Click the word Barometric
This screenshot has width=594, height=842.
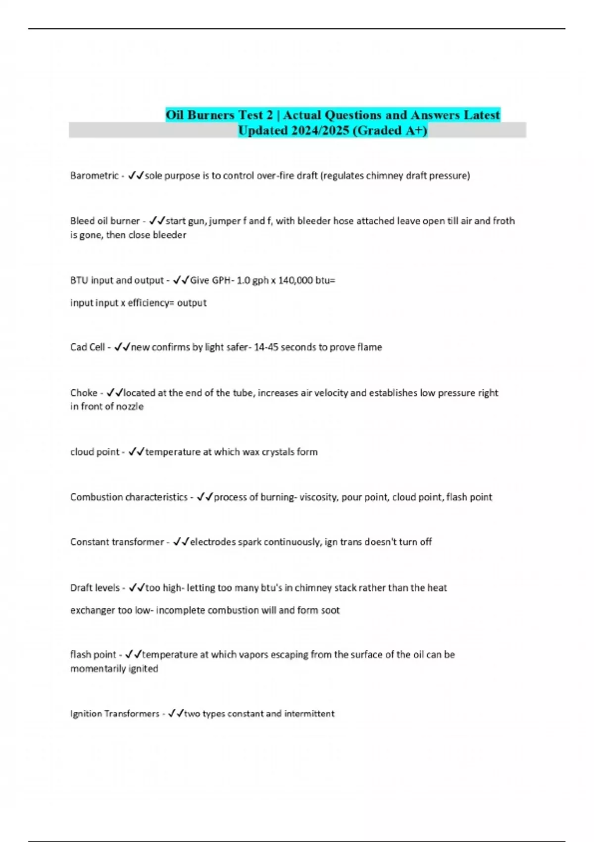94,176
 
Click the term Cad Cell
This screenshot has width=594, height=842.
87,347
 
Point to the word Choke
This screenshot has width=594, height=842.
84,393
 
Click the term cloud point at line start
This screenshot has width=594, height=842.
95,452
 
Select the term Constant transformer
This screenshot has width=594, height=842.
117,542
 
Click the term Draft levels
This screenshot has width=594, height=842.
95,588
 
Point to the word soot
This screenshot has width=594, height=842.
330,611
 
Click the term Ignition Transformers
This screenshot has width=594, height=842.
114,714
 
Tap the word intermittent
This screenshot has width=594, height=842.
309,714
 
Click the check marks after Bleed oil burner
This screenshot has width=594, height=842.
157,221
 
